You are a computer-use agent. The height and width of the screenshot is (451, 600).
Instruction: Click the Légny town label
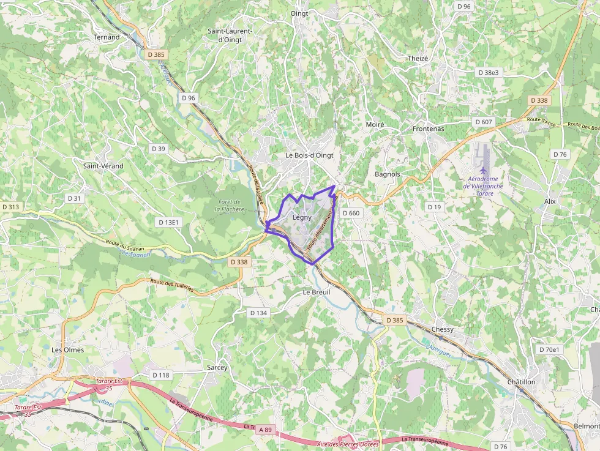302,217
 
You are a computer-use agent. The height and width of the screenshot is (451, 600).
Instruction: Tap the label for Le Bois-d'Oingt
309,155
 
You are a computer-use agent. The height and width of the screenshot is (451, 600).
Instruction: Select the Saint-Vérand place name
103,166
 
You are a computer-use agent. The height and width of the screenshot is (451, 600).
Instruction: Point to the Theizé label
418,58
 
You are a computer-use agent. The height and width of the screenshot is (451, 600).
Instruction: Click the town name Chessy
443,329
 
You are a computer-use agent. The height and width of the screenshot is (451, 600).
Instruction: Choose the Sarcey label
217,368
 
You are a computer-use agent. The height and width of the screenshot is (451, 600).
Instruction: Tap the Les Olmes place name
67,350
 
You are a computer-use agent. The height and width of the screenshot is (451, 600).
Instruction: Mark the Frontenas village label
428,129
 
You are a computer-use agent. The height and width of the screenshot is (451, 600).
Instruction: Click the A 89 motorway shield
265,430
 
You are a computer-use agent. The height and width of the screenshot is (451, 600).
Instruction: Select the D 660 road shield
351,213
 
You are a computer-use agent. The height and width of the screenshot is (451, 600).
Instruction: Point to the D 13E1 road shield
168,222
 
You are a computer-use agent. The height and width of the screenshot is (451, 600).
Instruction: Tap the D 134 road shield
259,313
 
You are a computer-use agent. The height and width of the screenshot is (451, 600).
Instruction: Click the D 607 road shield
484,122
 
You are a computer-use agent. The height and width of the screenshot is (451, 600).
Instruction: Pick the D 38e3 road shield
488,72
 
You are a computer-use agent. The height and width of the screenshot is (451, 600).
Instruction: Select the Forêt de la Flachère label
229,206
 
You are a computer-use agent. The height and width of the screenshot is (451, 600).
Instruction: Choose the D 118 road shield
160,375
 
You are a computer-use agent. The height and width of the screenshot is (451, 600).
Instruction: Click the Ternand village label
107,37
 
